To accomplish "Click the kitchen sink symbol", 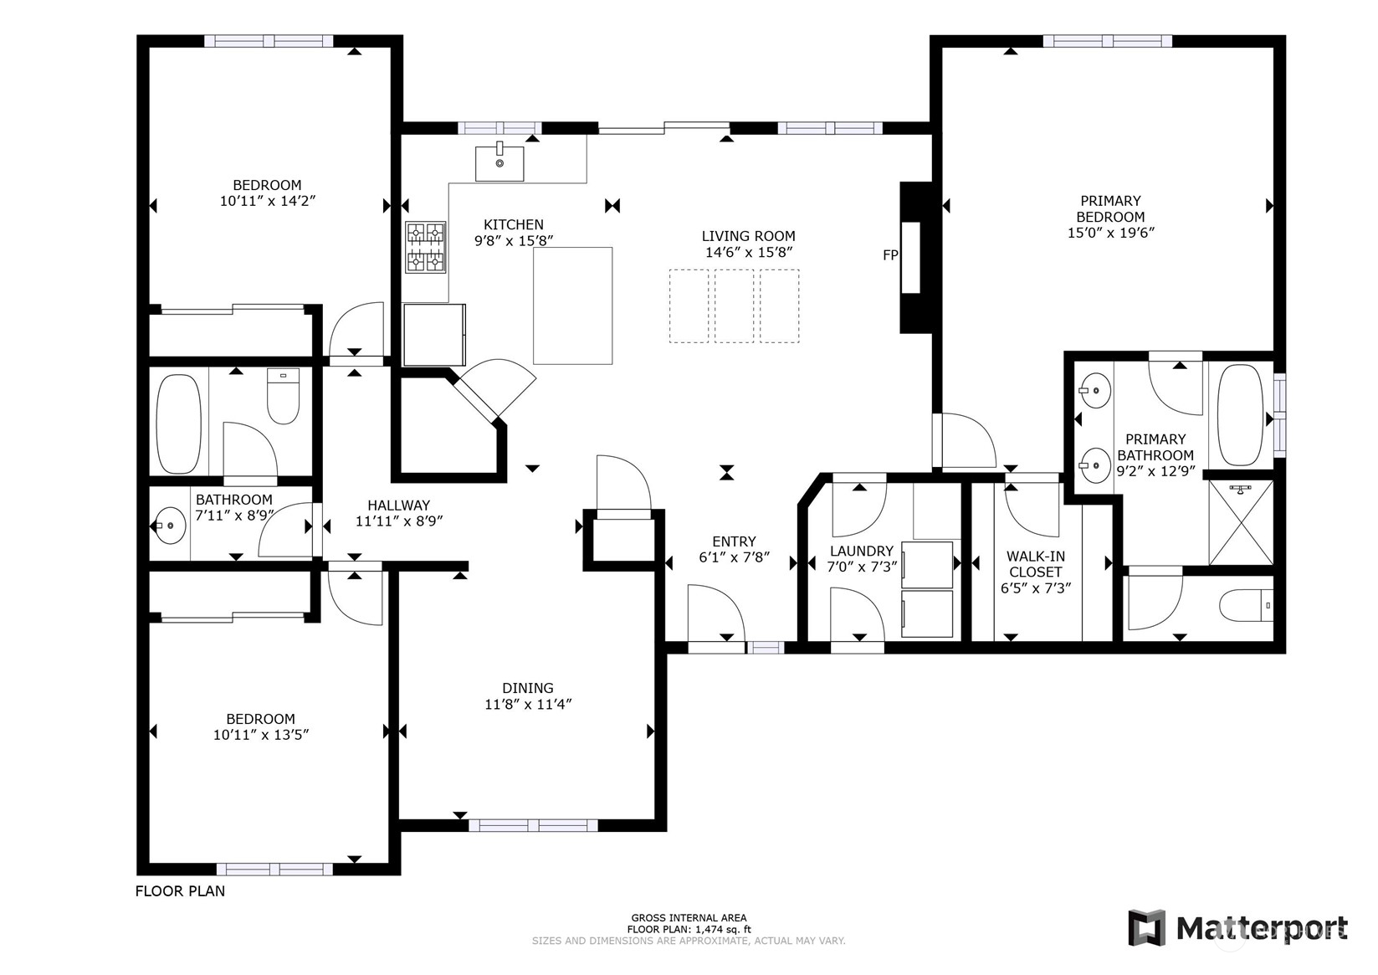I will coord(499,162).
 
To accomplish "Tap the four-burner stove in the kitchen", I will coord(425,247).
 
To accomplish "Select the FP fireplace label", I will coord(890,255).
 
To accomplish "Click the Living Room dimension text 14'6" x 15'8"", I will coord(748,252).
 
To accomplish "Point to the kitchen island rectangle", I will coord(572,305).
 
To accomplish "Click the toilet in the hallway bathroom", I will coord(283,397).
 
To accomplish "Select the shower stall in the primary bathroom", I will coord(1241,523).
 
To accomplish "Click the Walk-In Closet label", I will coord(1035,564).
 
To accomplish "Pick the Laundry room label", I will coord(861,551).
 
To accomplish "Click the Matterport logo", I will coord(1238,927).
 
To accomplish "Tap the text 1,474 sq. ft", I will coord(719,929).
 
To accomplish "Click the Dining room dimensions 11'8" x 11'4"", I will coord(528,705).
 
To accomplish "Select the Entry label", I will coord(734,541).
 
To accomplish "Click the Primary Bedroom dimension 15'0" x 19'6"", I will coord(1110,233).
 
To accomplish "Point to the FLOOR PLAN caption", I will coord(180,891).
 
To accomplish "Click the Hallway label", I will coord(398,505).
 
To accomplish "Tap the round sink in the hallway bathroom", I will coord(171,526).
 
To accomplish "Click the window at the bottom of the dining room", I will coord(533,825).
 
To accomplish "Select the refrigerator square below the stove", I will coord(433,335).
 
